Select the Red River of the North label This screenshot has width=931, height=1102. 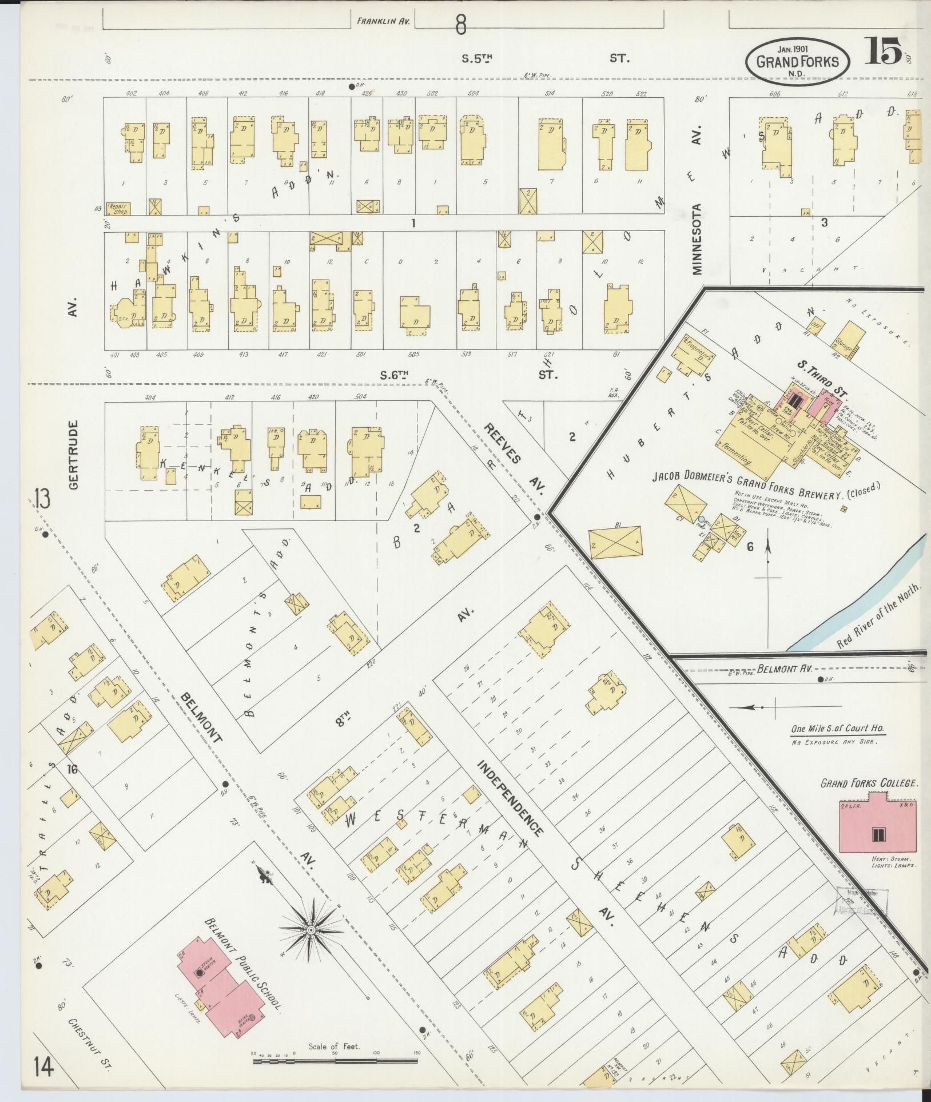pyautogui.click(x=879, y=616)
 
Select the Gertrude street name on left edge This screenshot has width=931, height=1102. pyautogui.click(x=73, y=455)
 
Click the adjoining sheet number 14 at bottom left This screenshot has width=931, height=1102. pyautogui.click(x=43, y=1067)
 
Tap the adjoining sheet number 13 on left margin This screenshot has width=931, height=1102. pyautogui.click(x=41, y=499)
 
